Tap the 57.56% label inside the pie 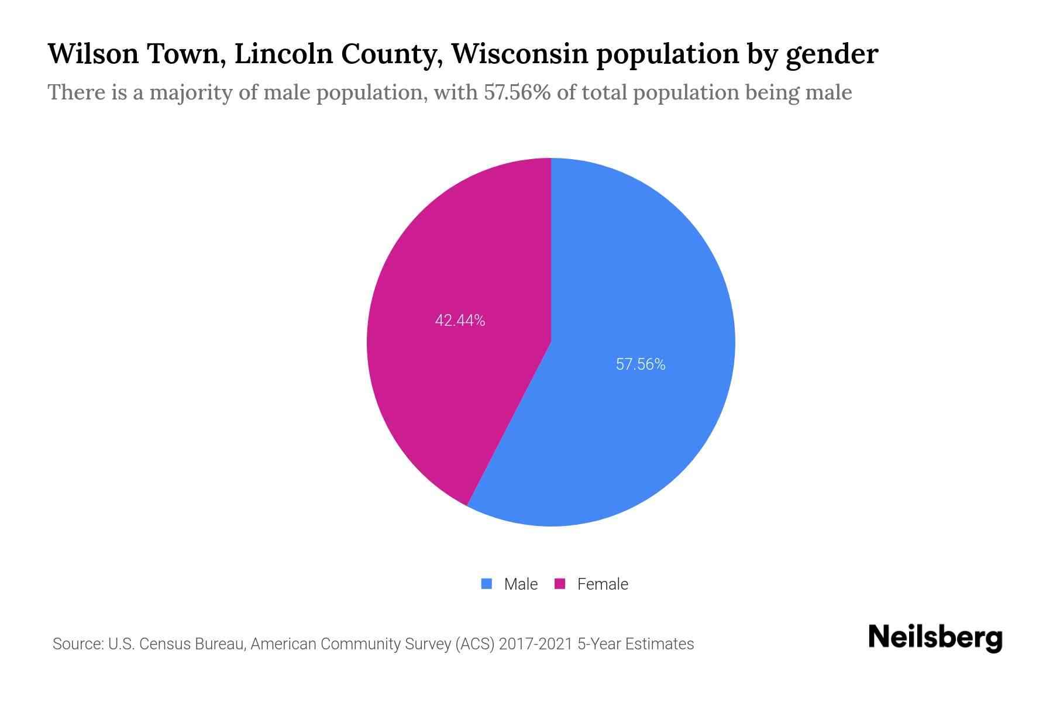tap(641, 364)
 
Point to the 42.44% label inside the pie tap(460, 321)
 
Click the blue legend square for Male tap(486, 584)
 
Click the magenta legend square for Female tap(560, 584)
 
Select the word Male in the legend tap(521, 584)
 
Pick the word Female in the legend tap(603, 584)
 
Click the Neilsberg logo tap(935, 638)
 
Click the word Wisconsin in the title tap(519, 54)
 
